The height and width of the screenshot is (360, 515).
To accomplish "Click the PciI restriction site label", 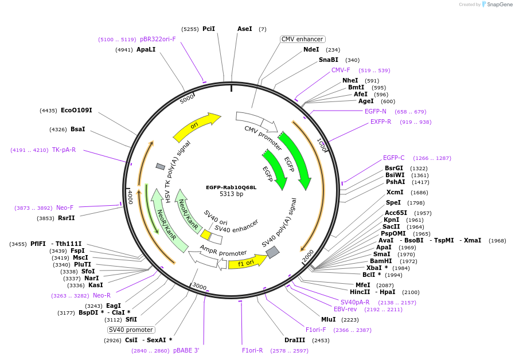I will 209,29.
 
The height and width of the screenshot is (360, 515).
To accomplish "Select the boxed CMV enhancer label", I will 302,40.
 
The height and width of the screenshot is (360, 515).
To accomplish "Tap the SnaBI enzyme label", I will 329,60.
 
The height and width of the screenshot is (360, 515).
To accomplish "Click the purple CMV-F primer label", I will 341,70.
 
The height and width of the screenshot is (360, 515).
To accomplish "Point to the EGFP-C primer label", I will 393,158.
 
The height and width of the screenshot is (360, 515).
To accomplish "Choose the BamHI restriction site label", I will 381,261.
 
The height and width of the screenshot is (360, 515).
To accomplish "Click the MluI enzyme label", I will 328,319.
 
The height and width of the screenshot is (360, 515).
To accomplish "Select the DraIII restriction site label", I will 295,340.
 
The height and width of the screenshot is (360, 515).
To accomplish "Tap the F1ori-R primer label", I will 252,350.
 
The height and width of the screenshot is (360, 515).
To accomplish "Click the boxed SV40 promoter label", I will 131,330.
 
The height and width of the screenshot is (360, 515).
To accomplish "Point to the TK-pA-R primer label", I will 64,150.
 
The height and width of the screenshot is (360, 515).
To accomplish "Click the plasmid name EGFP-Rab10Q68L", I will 231,187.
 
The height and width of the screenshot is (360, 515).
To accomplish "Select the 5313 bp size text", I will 231,194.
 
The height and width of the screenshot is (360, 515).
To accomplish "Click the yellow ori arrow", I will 196,127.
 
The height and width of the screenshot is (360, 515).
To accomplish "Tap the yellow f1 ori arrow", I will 248,263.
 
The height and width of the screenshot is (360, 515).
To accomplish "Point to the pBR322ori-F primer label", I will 158,40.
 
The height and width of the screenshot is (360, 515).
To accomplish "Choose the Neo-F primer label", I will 65,208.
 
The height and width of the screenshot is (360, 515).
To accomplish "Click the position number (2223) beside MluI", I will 350,319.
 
